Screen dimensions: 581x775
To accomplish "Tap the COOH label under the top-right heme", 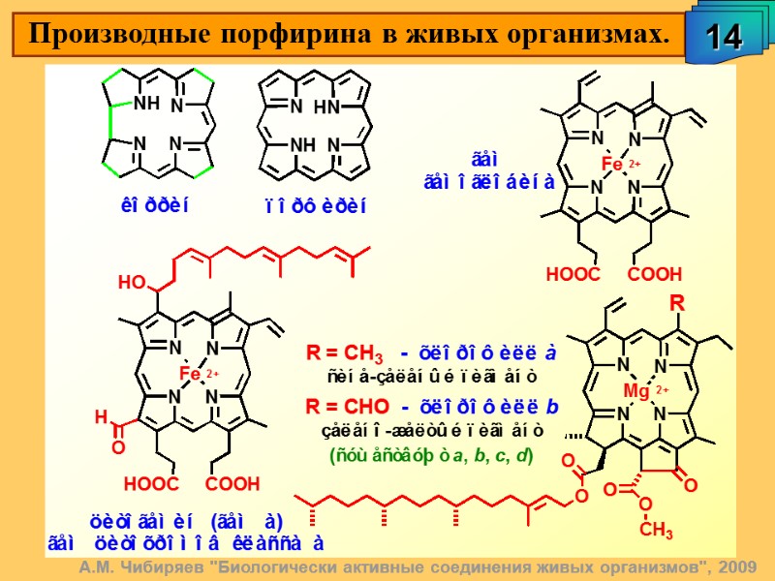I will (655, 274).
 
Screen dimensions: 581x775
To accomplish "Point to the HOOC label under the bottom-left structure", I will (151, 481).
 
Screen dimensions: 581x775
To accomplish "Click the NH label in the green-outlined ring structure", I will (146, 104).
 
